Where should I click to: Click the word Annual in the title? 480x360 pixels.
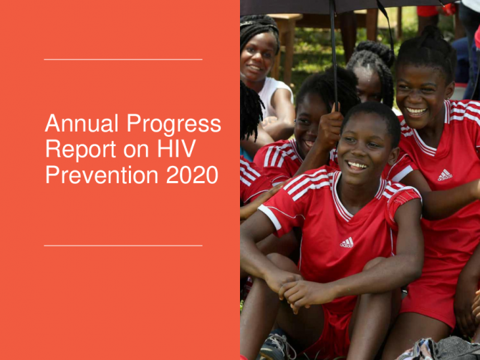click(82, 123)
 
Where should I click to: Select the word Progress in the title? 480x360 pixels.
click(174, 125)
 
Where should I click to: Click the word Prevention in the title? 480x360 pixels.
click(102, 175)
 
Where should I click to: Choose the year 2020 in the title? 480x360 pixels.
click(192, 175)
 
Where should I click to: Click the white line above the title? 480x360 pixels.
click(123, 59)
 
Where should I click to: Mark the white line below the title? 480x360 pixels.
click(123, 245)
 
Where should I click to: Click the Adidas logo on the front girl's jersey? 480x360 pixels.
click(347, 243)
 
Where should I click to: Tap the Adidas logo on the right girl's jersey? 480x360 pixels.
click(445, 175)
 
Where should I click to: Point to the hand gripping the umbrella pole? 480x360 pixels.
click(330, 127)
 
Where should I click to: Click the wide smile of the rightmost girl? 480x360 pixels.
click(416, 111)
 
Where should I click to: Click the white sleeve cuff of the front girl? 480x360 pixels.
click(269, 217)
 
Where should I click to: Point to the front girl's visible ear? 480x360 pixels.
click(394, 155)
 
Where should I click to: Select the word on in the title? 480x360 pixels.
click(136, 150)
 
